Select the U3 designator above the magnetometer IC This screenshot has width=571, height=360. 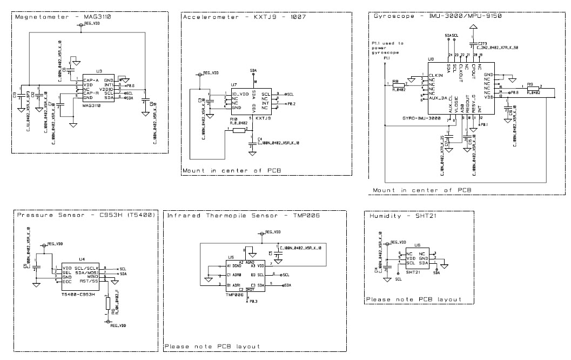[98, 71]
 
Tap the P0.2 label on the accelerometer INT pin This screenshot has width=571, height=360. [291, 103]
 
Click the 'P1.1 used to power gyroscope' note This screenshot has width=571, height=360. [385, 48]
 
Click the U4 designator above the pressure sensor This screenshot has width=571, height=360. [82, 259]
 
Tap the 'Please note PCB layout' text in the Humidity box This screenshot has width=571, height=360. [413, 299]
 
